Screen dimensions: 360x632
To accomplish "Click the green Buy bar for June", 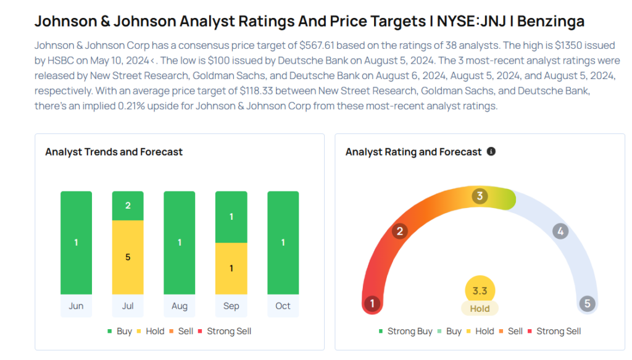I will (76, 243).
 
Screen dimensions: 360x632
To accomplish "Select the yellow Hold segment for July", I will (128, 257).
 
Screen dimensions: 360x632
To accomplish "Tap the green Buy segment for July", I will (128, 206).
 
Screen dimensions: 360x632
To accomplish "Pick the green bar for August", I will (180, 243).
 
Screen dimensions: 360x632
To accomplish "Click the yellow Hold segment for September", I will (231, 269).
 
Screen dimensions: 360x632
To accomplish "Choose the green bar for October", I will (283, 243).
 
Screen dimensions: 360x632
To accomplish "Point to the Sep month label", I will (231, 306).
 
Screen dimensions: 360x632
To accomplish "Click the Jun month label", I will (76, 306).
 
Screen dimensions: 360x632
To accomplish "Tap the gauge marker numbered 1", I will (372, 303).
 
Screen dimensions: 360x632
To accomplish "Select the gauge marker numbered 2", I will (400, 232).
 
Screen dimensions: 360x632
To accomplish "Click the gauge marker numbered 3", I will (480, 196).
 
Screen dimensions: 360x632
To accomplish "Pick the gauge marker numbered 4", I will (560, 232).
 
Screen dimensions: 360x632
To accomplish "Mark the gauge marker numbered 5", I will (588, 303).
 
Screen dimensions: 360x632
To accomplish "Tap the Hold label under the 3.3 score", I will (480, 309).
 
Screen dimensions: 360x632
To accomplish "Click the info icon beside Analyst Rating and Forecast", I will (491, 151).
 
